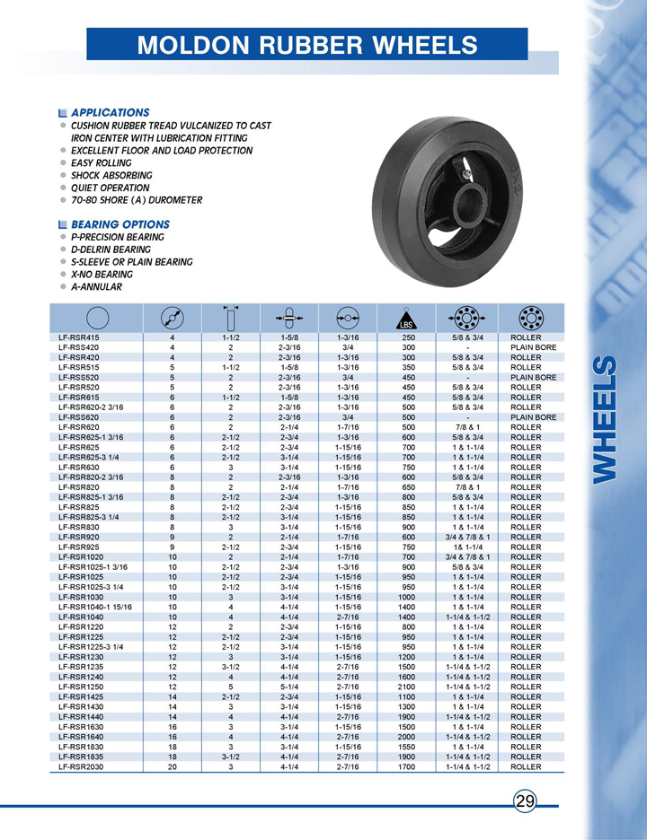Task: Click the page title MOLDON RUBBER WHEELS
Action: tap(307, 45)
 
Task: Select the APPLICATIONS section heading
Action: tap(110, 112)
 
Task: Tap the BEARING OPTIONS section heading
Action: tap(120, 223)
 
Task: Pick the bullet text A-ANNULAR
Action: tap(96, 287)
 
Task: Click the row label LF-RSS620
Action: tap(79, 417)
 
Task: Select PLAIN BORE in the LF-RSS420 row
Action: tap(533, 346)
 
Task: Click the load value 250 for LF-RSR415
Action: tap(407, 337)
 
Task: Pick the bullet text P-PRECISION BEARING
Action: tap(117, 237)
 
